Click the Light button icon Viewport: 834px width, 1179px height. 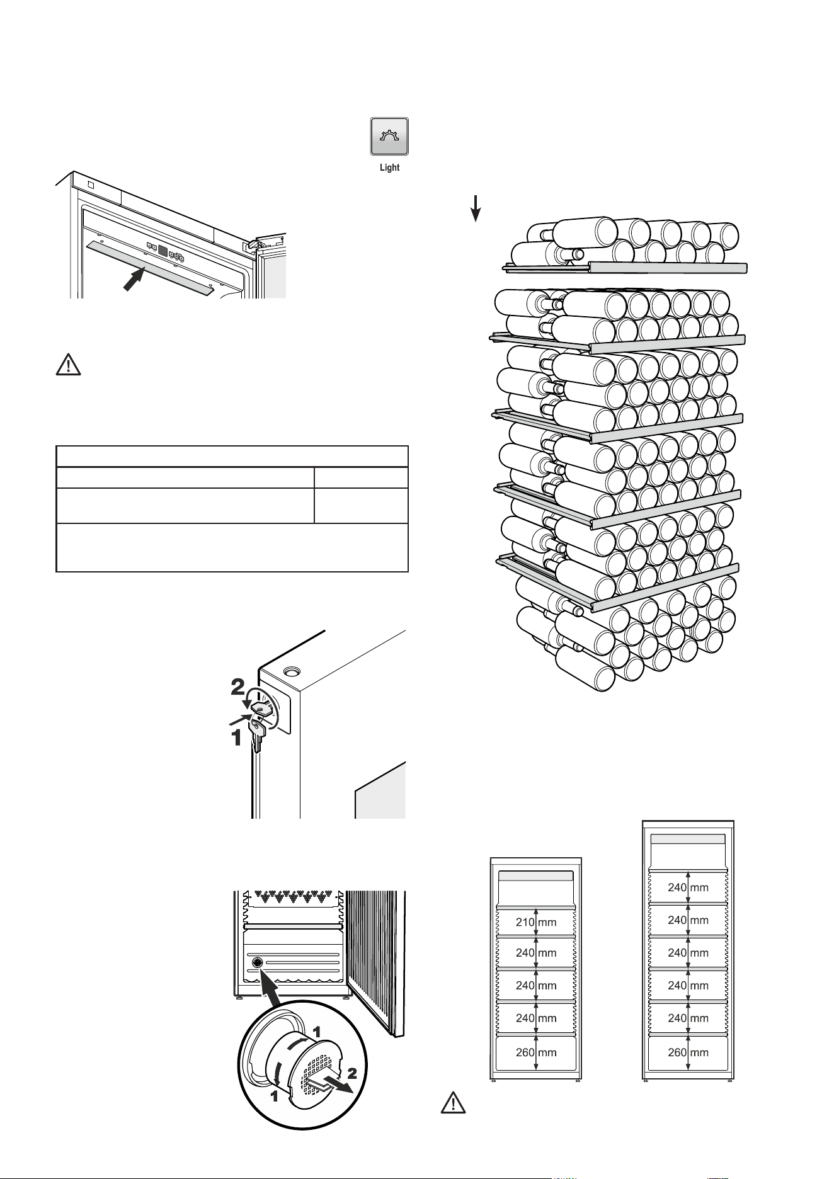(389, 136)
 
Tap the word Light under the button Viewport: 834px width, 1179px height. (389, 168)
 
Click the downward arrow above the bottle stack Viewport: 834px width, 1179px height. (476, 208)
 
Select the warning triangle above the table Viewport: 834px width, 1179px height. (69, 366)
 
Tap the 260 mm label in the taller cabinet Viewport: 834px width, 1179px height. (688, 1052)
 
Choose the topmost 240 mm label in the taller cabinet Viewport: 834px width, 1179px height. (688, 887)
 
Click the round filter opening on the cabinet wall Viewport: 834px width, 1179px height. (257, 963)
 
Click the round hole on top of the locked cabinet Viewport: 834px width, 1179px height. (292, 671)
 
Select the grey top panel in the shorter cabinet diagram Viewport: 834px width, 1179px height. (535, 875)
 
